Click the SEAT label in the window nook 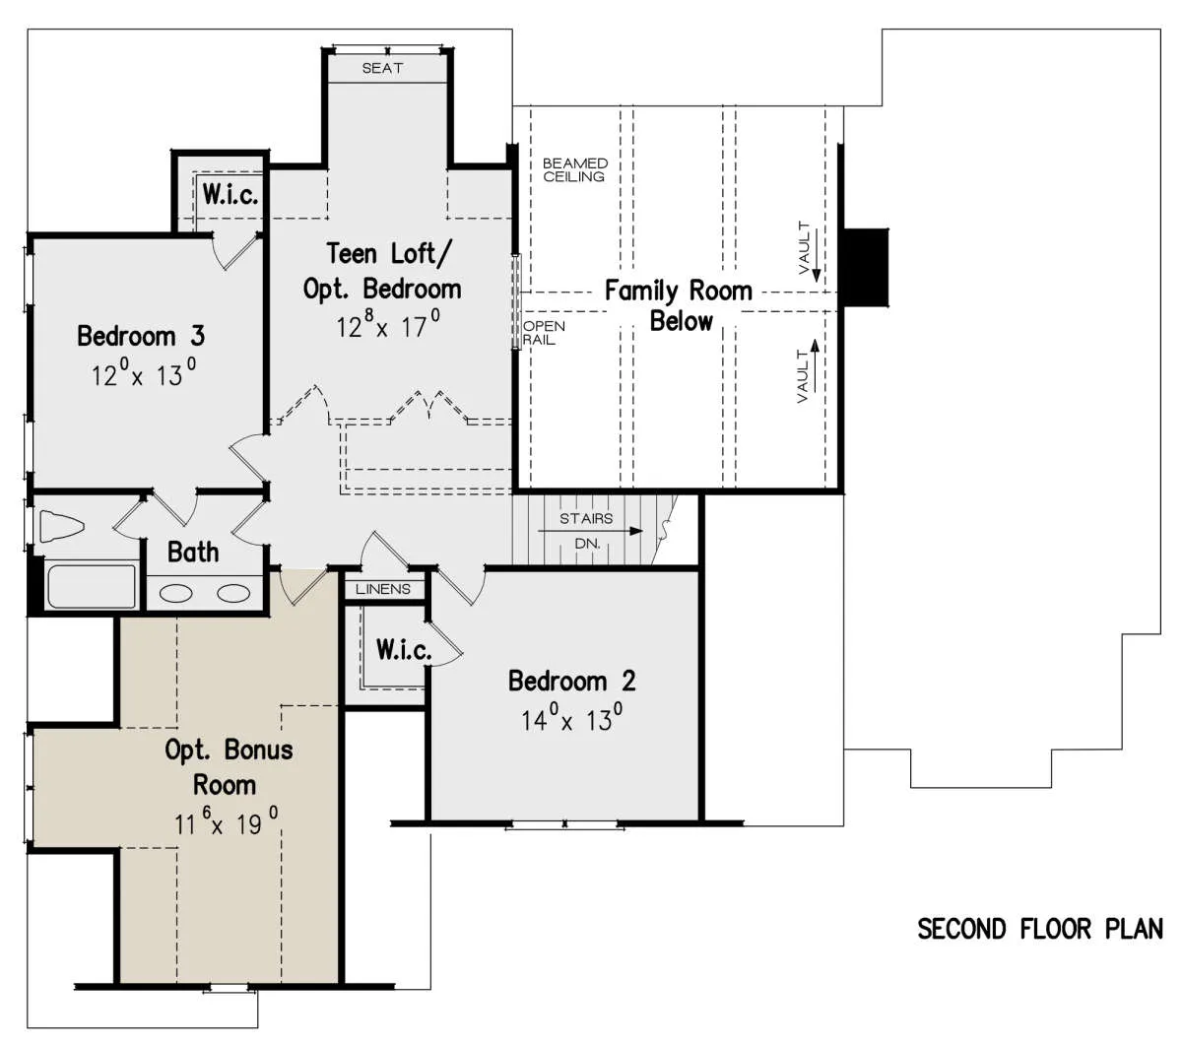pyautogui.click(x=382, y=68)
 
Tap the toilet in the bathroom pyautogui.click(x=62, y=526)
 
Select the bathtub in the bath pyautogui.click(x=92, y=586)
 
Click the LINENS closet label pyautogui.click(x=383, y=589)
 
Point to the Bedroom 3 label pyautogui.click(x=141, y=336)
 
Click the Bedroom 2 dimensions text pyautogui.click(x=571, y=718)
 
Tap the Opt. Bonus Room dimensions pyautogui.click(x=227, y=822)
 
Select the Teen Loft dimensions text pyautogui.click(x=388, y=324)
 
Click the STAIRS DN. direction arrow pyautogui.click(x=590, y=531)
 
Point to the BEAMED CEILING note pyautogui.click(x=574, y=169)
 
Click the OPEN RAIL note pyautogui.click(x=543, y=333)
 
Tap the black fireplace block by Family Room pyautogui.click(x=865, y=267)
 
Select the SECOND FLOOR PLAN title pyautogui.click(x=1039, y=930)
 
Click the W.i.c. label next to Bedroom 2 pyautogui.click(x=404, y=649)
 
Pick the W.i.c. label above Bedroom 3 pyautogui.click(x=230, y=194)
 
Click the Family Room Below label pyautogui.click(x=679, y=305)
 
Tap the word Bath pyautogui.click(x=193, y=552)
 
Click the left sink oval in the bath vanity pyautogui.click(x=176, y=594)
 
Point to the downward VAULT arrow pyautogui.click(x=817, y=255)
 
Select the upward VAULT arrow pyautogui.click(x=815, y=365)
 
